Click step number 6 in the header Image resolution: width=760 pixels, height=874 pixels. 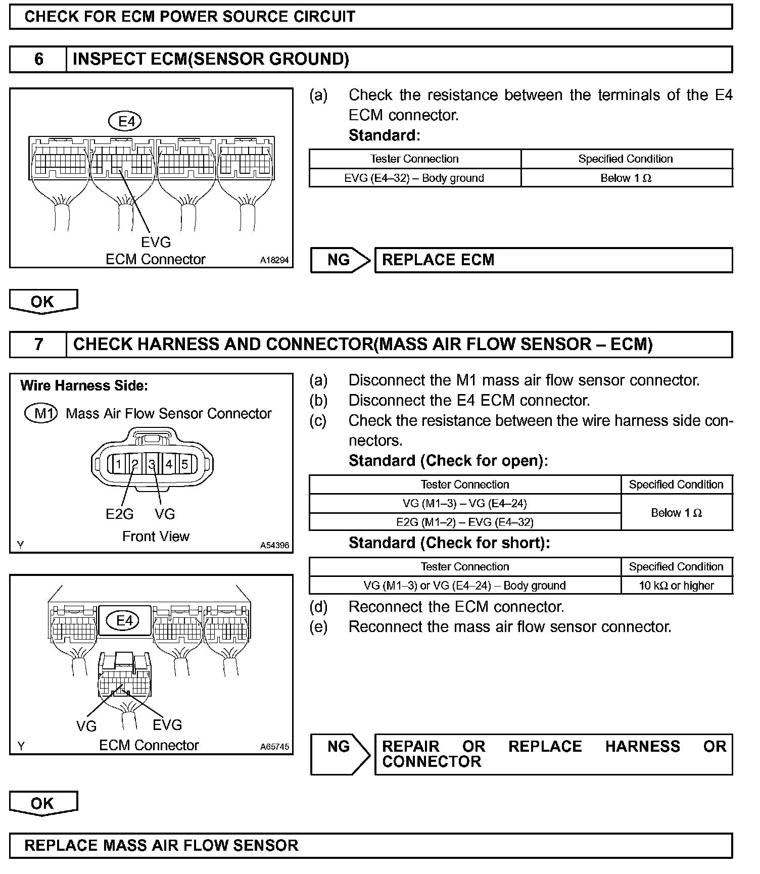point(38,60)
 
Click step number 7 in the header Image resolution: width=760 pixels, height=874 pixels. point(38,345)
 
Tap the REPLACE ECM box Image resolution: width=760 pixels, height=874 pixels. point(553,260)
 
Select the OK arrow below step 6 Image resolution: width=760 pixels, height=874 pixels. point(43,302)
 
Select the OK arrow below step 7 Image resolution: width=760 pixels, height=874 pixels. point(43,803)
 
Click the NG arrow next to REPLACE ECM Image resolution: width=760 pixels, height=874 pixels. point(340,260)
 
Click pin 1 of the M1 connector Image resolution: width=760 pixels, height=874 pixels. point(118,464)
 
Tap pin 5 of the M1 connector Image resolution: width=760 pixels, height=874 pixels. point(185,464)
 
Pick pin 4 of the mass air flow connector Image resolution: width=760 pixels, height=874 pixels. point(169,464)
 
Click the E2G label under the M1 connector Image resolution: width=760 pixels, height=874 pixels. point(120,514)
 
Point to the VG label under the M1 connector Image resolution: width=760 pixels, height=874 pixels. point(165,514)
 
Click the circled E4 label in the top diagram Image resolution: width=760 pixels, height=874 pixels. point(126,121)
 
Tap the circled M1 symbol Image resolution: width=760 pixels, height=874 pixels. point(41,414)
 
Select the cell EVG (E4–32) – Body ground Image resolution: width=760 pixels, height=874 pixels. point(414,178)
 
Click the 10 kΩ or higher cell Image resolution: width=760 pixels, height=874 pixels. point(676,586)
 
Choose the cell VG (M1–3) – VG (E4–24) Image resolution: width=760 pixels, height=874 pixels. point(464,503)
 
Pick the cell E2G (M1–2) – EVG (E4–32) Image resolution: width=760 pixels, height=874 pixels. point(464,522)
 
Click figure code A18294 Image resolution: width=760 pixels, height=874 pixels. point(274,261)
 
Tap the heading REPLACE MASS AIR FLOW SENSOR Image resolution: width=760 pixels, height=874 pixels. point(162,846)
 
